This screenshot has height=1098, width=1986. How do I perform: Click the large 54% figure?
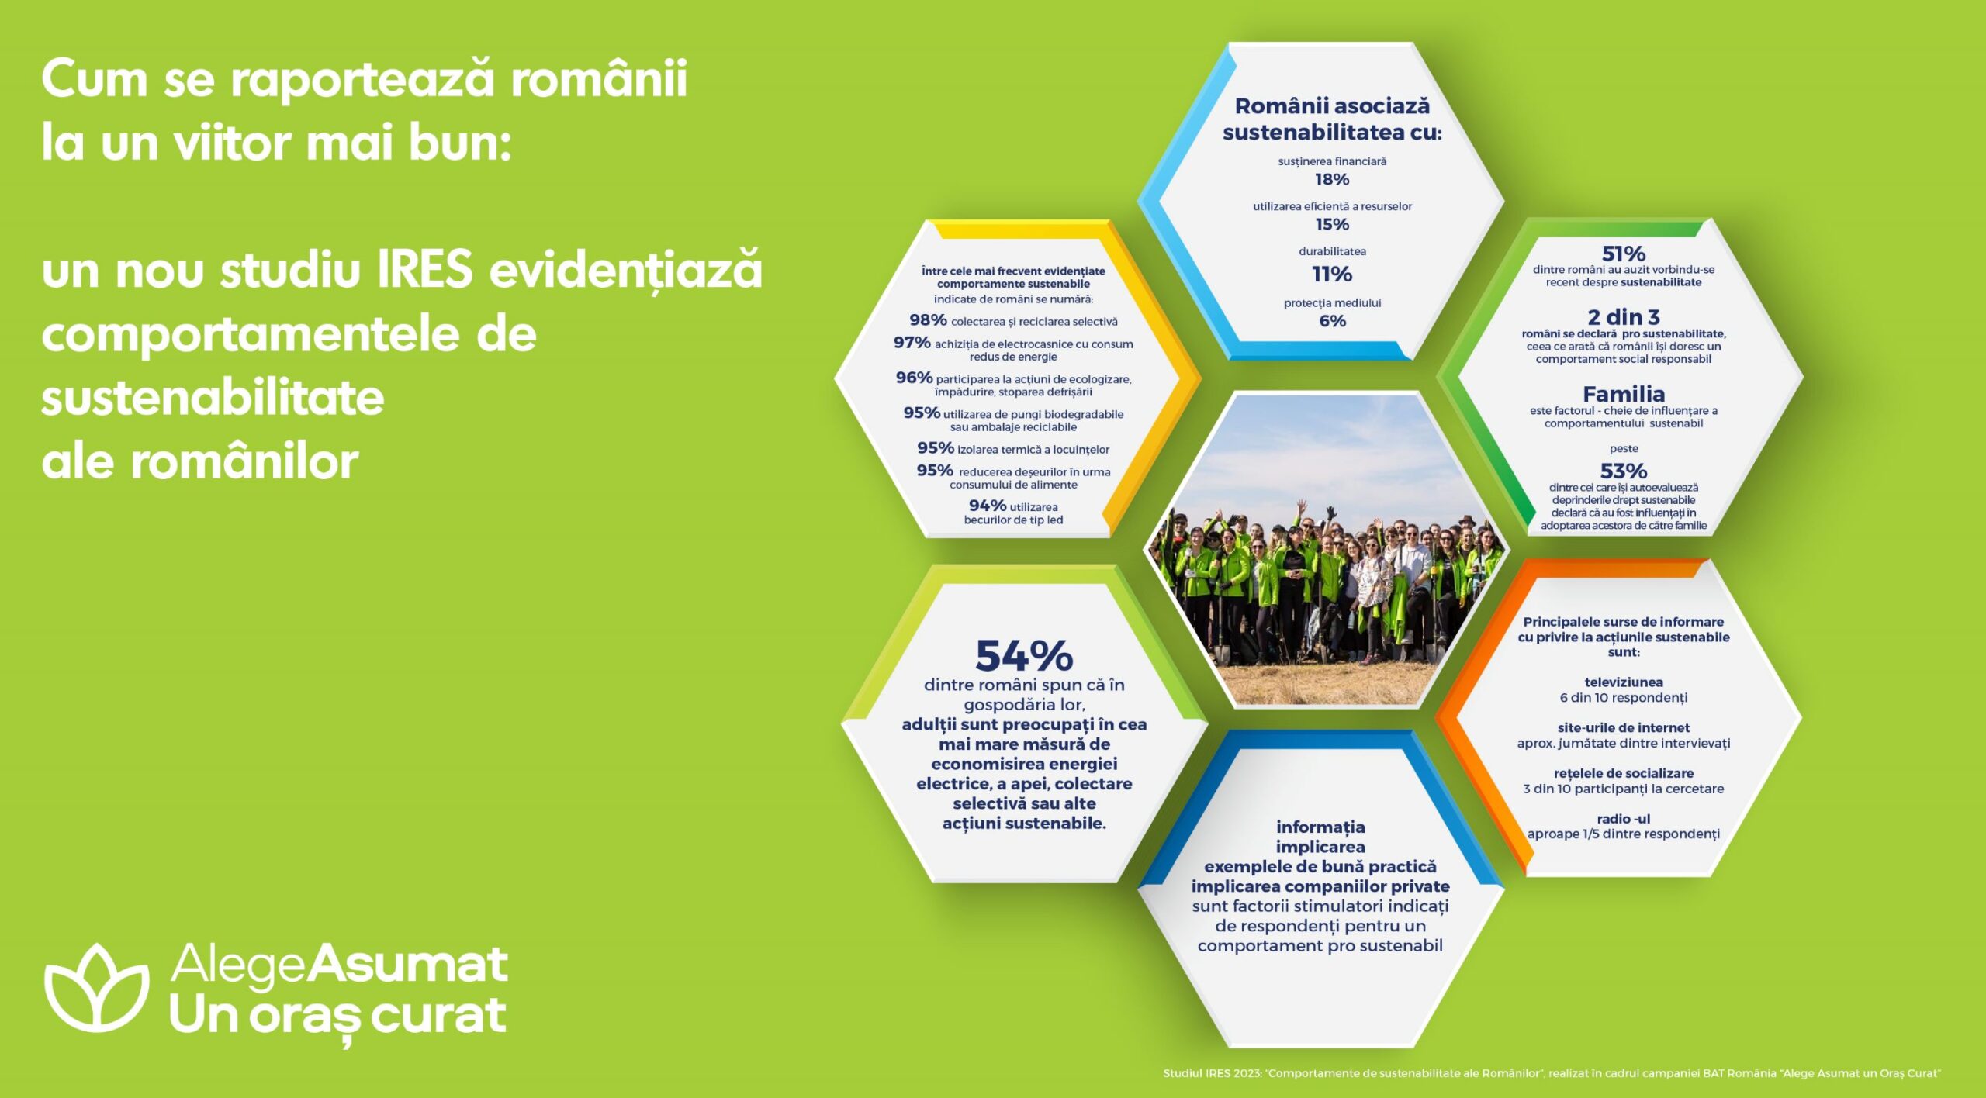[x=1024, y=656]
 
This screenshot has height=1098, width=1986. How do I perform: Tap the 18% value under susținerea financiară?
[x=1332, y=179]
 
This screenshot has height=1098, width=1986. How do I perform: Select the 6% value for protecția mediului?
[x=1332, y=321]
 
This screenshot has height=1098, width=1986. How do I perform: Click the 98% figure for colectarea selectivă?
[x=928, y=319]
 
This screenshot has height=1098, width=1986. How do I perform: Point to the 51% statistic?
[x=1624, y=254]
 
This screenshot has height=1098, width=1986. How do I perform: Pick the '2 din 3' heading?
[x=1624, y=317]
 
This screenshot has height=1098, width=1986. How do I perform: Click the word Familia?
[x=1624, y=394]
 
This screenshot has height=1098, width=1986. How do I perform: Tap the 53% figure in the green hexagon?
[x=1624, y=471]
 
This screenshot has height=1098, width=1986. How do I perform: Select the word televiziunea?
[x=1624, y=682]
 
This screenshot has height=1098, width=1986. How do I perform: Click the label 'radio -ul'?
[x=1624, y=819]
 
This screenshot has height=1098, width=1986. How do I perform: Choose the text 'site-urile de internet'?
[x=1624, y=728]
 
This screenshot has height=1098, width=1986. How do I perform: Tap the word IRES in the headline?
[x=425, y=269]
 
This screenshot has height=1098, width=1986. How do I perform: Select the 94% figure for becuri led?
[x=988, y=506]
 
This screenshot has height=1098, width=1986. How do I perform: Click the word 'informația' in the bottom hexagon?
[x=1320, y=827]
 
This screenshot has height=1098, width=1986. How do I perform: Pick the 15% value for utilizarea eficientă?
[x=1332, y=224]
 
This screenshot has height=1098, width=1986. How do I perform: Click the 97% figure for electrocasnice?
[x=912, y=342]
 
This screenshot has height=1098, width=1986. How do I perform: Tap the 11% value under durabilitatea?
[x=1332, y=274]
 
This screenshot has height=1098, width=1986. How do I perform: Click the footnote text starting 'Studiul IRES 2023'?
[x=1552, y=1073]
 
